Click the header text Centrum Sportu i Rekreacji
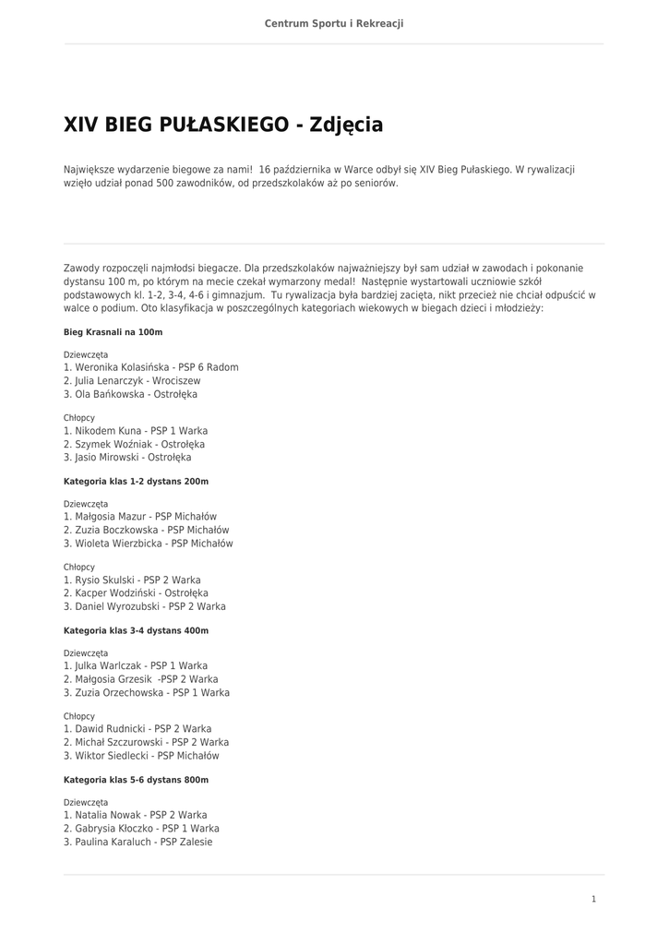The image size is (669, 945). coord(334,23)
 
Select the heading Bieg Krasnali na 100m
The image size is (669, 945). coord(113,332)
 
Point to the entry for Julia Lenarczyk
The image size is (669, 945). coord(131,381)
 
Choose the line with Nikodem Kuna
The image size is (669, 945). coord(135,431)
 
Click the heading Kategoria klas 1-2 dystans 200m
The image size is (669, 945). coord(136,482)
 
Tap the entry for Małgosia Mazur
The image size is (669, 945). coord(139,517)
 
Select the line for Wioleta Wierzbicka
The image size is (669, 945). coord(148,544)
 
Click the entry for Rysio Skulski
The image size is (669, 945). coord(131,580)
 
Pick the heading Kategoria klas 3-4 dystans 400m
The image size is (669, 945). coord(136,631)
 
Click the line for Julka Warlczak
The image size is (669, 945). coord(135,665)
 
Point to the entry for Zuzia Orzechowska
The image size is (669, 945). coord(146,692)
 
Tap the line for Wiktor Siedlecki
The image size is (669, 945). coord(141,756)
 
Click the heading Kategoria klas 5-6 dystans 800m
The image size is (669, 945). coord(136,780)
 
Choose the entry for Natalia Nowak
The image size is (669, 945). coord(135,815)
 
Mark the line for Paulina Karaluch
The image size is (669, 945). coord(137,842)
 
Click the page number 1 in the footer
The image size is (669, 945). coord(593,899)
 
